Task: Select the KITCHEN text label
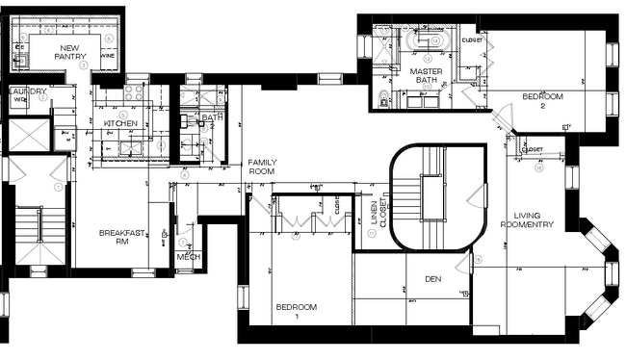click(x=121, y=124)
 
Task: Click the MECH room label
click(x=188, y=258)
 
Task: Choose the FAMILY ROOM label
click(x=262, y=168)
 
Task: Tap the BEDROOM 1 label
click(x=296, y=311)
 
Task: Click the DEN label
click(x=432, y=279)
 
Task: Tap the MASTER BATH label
click(x=425, y=76)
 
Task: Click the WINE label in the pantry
click(x=108, y=56)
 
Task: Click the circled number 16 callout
click(x=538, y=167)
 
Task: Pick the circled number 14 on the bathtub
click(x=435, y=41)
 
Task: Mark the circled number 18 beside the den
click(x=478, y=260)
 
